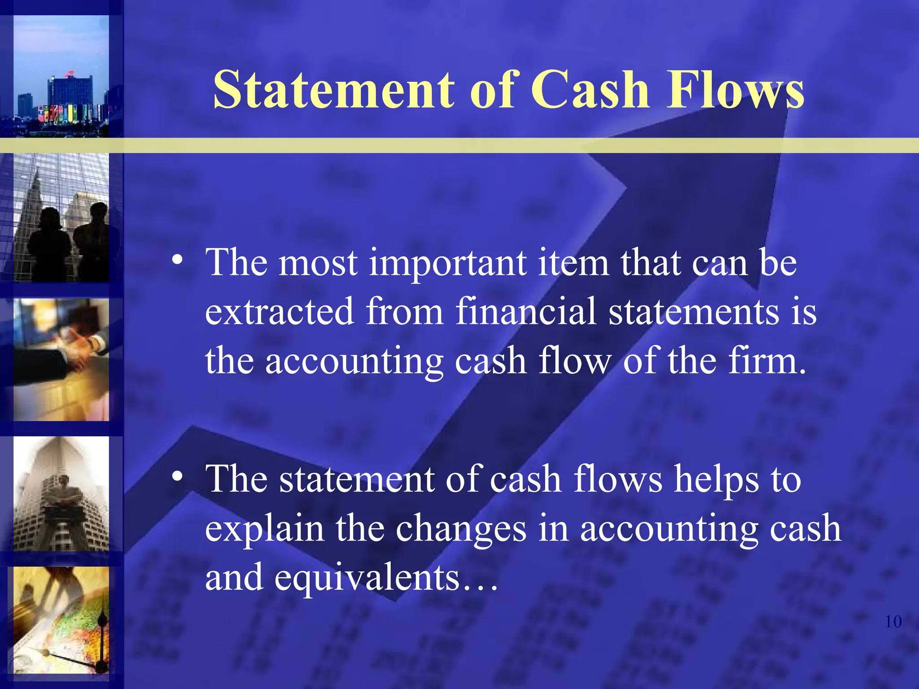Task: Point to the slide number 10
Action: point(893,622)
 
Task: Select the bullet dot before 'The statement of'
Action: point(179,477)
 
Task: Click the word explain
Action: point(264,529)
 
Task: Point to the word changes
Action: point(460,529)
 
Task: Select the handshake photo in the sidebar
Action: point(61,360)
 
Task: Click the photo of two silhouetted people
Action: point(61,218)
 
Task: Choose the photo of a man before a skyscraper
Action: point(61,493)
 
